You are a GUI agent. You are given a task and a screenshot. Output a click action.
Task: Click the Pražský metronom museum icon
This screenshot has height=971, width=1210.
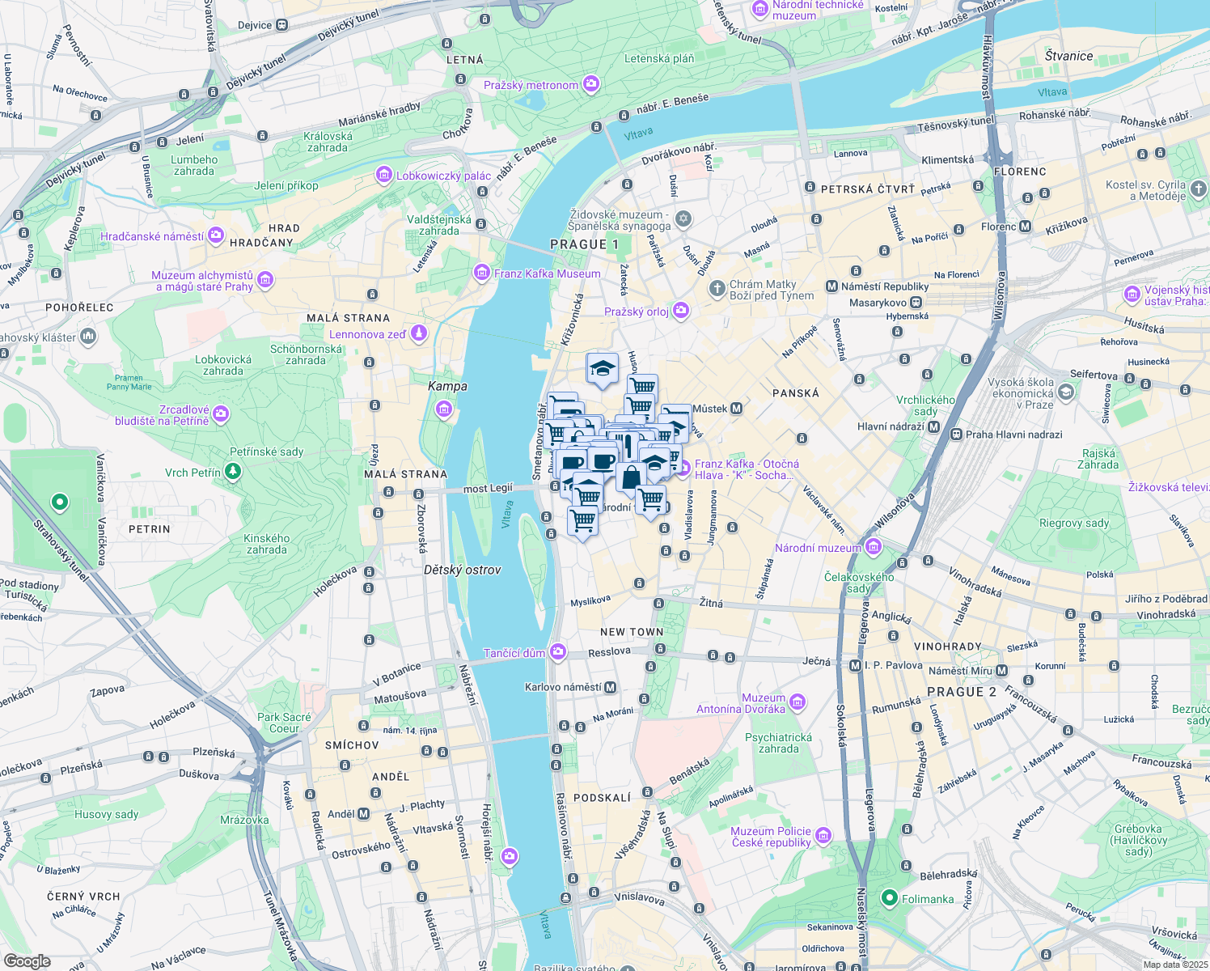pos(591,84)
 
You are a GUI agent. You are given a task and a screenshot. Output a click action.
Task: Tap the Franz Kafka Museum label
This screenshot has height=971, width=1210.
pos(548,273)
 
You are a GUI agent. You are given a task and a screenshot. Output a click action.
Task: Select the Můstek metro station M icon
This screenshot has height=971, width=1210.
pos(736,409)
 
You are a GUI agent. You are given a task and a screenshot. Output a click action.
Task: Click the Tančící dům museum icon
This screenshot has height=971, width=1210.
pos(557,652)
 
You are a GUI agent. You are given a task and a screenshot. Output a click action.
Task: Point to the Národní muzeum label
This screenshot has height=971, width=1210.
pos(818,548)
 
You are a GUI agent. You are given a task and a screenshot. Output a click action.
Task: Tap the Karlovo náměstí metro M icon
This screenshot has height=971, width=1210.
pos(610,687)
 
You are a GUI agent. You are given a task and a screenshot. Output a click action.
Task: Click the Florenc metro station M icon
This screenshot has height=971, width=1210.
pos(1026,227)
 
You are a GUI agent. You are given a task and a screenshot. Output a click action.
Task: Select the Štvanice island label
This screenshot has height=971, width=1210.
pos(1068,56)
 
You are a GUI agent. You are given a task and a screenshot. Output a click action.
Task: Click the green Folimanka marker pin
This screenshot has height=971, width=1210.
pos(890,898)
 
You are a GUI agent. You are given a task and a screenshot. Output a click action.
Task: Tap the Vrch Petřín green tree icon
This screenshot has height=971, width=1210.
pos(233,472)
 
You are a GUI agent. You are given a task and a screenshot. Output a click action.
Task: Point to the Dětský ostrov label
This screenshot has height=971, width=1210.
pos(463,570)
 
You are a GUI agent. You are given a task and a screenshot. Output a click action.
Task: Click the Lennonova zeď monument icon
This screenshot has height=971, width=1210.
pos(418,333)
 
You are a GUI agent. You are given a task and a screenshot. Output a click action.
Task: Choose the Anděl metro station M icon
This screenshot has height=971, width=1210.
pos(363,814)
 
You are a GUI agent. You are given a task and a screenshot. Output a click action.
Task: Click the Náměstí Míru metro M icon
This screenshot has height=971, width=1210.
pos(1001,671)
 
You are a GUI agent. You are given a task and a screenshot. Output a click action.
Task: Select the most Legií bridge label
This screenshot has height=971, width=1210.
pos(488,488)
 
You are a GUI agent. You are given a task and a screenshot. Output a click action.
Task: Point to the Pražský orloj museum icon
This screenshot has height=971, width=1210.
pos(681,311)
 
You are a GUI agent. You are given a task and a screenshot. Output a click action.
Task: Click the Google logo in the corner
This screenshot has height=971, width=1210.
pos(27,961)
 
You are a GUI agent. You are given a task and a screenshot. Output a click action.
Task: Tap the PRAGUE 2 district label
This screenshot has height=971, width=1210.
pos(962,692)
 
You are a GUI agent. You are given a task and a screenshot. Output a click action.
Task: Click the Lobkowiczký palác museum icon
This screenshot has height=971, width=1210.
pos(384,175)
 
